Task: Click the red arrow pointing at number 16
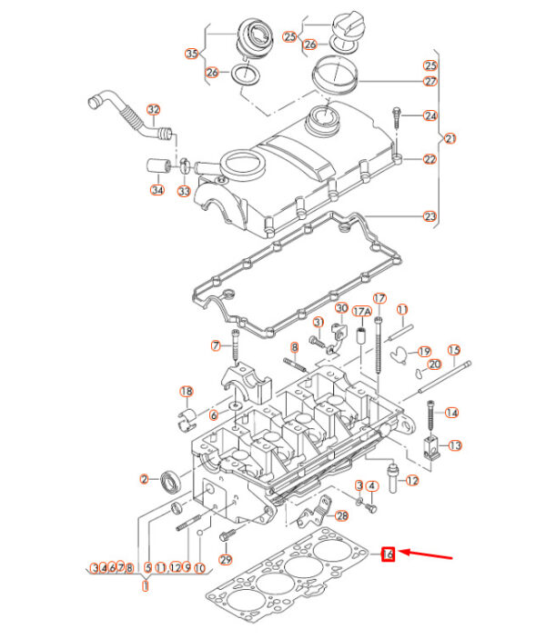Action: coord(425,554)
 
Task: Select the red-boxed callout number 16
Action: coord(388,554)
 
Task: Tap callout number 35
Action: coord(192,54)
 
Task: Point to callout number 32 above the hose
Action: coord(154,110)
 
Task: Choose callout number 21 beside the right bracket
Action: coord(450,138)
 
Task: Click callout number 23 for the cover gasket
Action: coord(430,216)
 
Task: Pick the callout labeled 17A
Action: coord(362,312)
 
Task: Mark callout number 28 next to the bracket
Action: coord(341,516)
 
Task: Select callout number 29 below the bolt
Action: coord(226,560)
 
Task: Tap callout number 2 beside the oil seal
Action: coord(144,479)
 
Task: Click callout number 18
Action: coord(187,392)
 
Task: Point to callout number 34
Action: coord(157,190)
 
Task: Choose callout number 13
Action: coord(455,445)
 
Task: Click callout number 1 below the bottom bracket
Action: coord(146,586)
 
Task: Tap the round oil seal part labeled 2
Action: coord(170,481)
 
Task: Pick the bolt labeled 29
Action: coord(227,534)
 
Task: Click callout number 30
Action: coord(341,308)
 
